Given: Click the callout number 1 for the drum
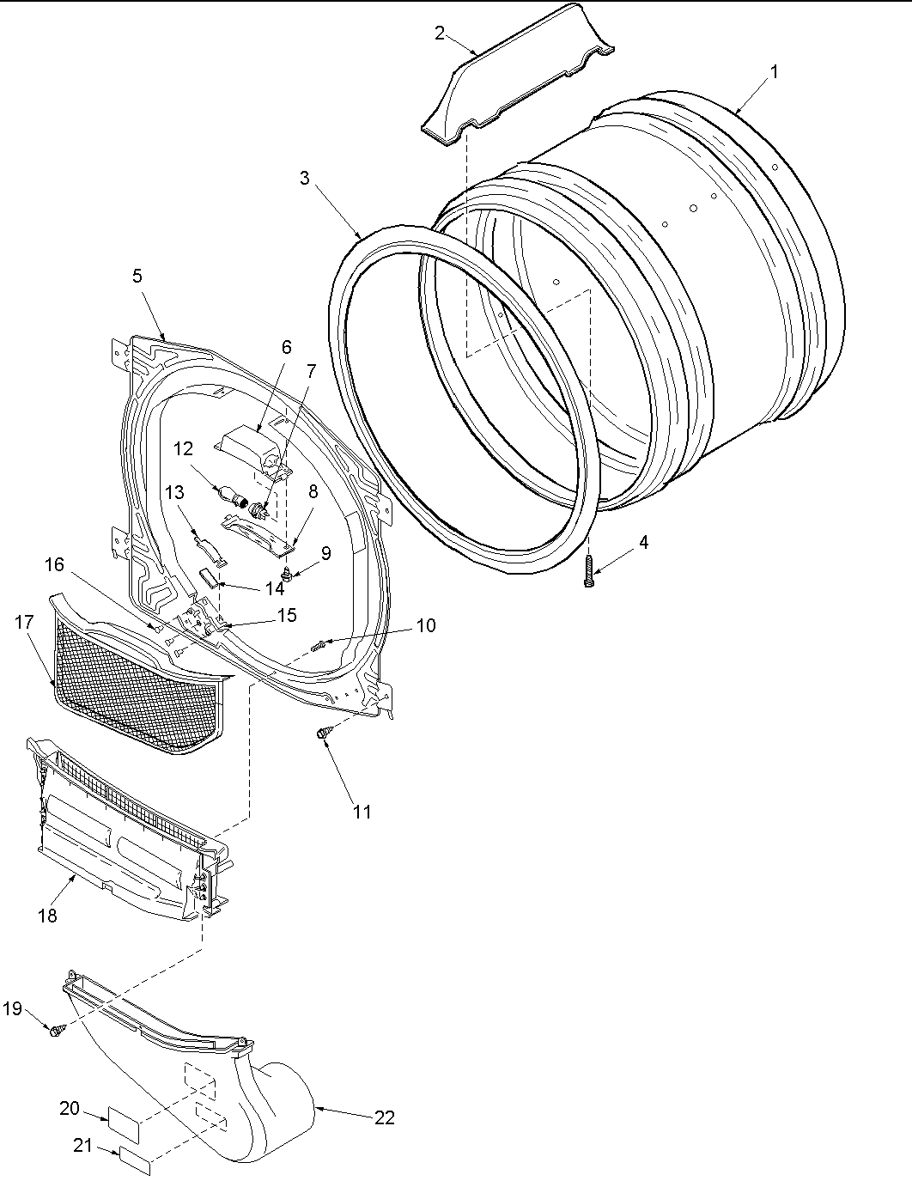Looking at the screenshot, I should click(x=774, y=72).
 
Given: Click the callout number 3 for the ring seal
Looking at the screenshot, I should click(x=305, y=178).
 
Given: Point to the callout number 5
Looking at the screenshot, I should click(x=137, y=276).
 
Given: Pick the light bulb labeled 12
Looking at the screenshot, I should click(x=234, y=495).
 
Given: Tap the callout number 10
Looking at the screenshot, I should click(x=425, y=625).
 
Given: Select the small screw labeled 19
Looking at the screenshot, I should click(x=56, y=1028).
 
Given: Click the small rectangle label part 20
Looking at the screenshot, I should click(x=123, y=1121).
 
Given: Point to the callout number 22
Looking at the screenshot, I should click(x=385, y=1117).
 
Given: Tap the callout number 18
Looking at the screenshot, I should click(x=47, y=916).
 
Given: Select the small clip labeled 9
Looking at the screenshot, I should click(x=289, y=573).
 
